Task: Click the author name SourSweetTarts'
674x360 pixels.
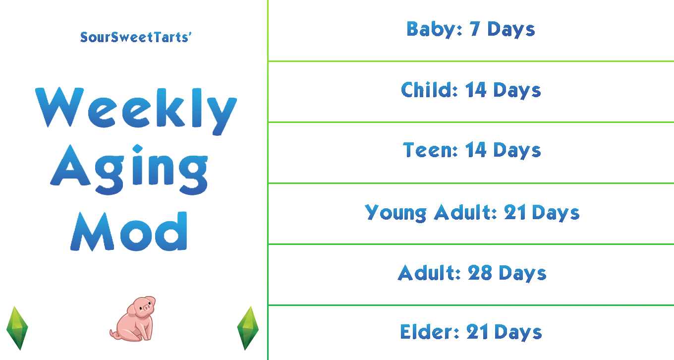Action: (x=136, y=37)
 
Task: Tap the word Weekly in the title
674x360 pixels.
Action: (x=136, y=112)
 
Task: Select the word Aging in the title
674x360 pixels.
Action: (x=129, y=170)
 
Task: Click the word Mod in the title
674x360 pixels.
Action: (x=129, y=231)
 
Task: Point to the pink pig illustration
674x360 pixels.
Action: (x=133, y=318)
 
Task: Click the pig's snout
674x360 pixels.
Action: (x=147, y=307)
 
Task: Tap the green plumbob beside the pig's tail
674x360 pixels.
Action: (x=17, y=328)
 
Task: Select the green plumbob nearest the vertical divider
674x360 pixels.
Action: (x=248, y=328)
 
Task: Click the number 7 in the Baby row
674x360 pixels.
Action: (x=475, y=29)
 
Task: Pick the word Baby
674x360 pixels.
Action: (x=432, y=29)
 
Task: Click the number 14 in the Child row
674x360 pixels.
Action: (x=476, y=90)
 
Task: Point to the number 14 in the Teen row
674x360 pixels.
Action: (x=476, y=150)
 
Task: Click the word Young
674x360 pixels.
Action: (x=395, y=213)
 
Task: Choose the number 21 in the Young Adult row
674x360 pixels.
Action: (x=515, y=212)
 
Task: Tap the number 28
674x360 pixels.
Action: (x=480, y=273)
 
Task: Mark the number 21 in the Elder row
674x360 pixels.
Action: (x=478, y=332)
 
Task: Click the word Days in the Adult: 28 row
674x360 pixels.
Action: (x=523, y=274)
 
